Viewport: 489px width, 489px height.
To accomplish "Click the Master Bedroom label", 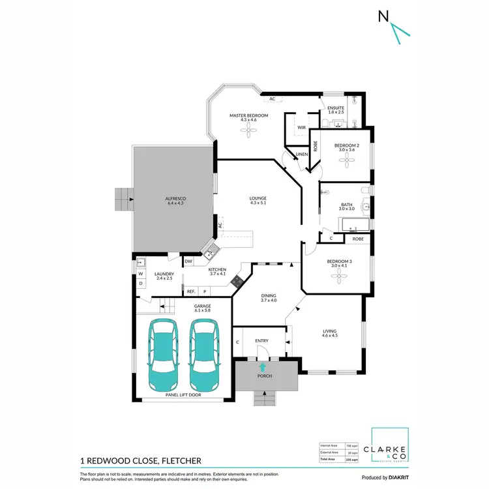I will [x=248, y=115].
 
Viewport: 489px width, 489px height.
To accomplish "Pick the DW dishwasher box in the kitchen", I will [x=188, y=261].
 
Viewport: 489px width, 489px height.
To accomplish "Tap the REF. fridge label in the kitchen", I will [x=191, y=291].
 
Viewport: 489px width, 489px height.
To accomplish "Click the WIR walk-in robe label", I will [x=301, y=128].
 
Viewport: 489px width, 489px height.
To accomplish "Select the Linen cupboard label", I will [x=301, y=154].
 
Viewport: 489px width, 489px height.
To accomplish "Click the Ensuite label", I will [x=336, y=108].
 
